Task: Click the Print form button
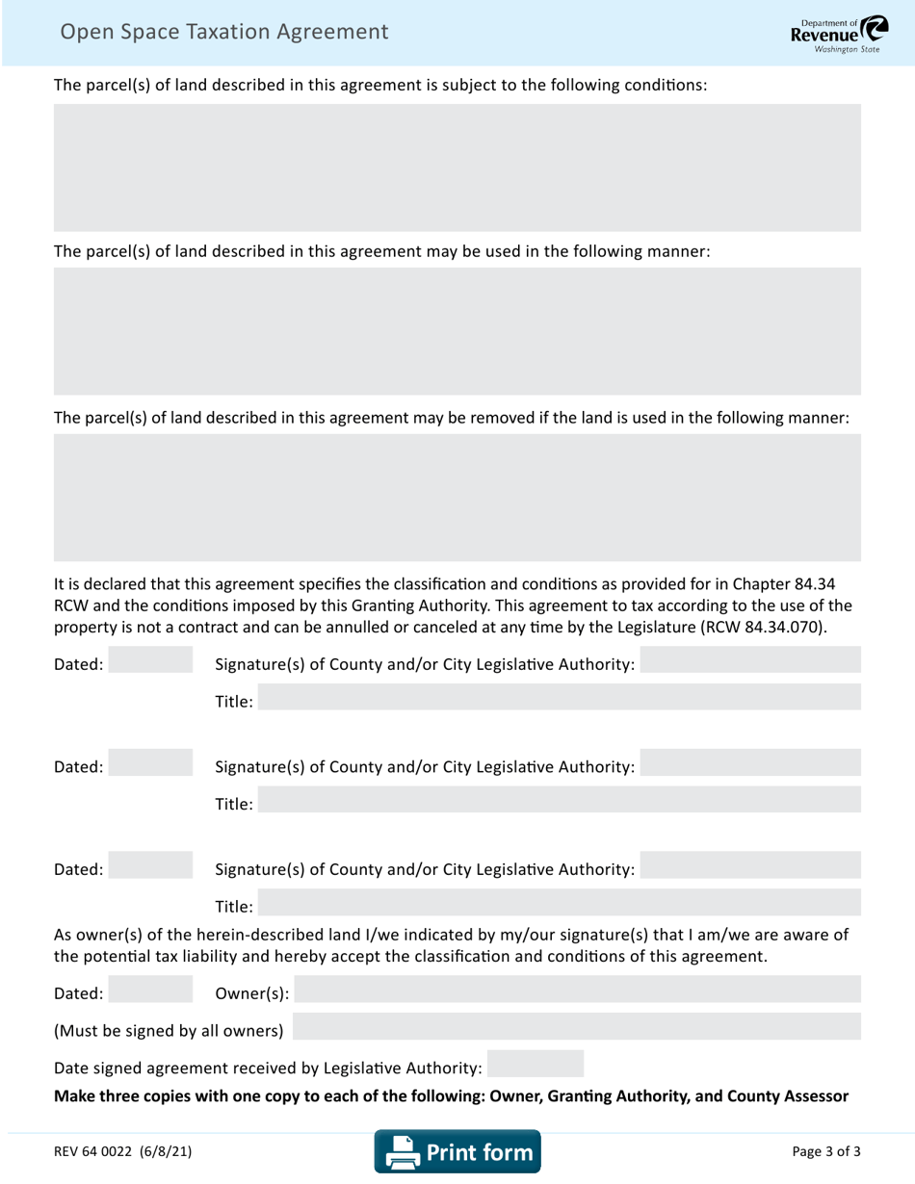point(457,1151)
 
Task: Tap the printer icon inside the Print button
point(400,1152)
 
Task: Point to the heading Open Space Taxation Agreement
point(224,32)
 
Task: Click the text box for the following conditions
point(457,167)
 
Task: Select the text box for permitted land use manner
point(457,331)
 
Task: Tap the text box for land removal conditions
point(457,497)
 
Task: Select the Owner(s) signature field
point(578,991)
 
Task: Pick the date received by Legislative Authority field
point(536,1064)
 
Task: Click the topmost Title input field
point(560,698)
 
